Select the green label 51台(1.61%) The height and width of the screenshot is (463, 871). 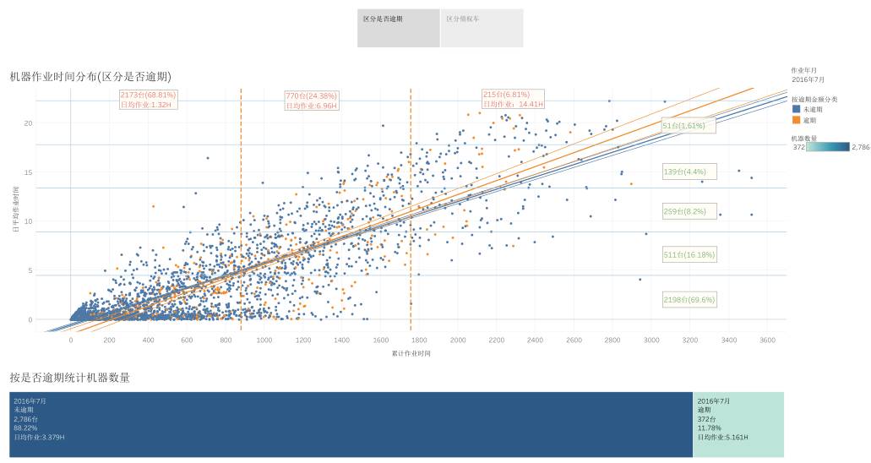(689, 125)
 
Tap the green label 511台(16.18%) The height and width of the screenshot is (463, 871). (689, 253)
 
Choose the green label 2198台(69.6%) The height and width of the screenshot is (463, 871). (689, 299)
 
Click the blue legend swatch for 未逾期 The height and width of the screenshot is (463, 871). (796, 109)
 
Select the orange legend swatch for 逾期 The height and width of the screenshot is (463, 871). (796, 120)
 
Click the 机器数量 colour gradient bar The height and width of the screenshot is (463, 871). (828, 147)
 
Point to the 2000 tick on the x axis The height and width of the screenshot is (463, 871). (457, 340)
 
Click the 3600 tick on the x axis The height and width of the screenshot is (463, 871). (767, 340)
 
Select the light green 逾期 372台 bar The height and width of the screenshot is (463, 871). (738, 424)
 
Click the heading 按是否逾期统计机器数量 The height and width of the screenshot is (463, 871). (69, 378)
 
